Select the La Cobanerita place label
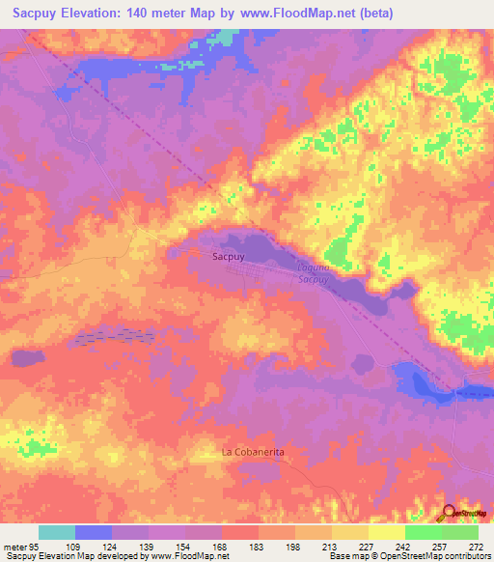pyautogui.click(x=254, y=452)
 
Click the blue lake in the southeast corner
pyautogui.click(x=423, y=382)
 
